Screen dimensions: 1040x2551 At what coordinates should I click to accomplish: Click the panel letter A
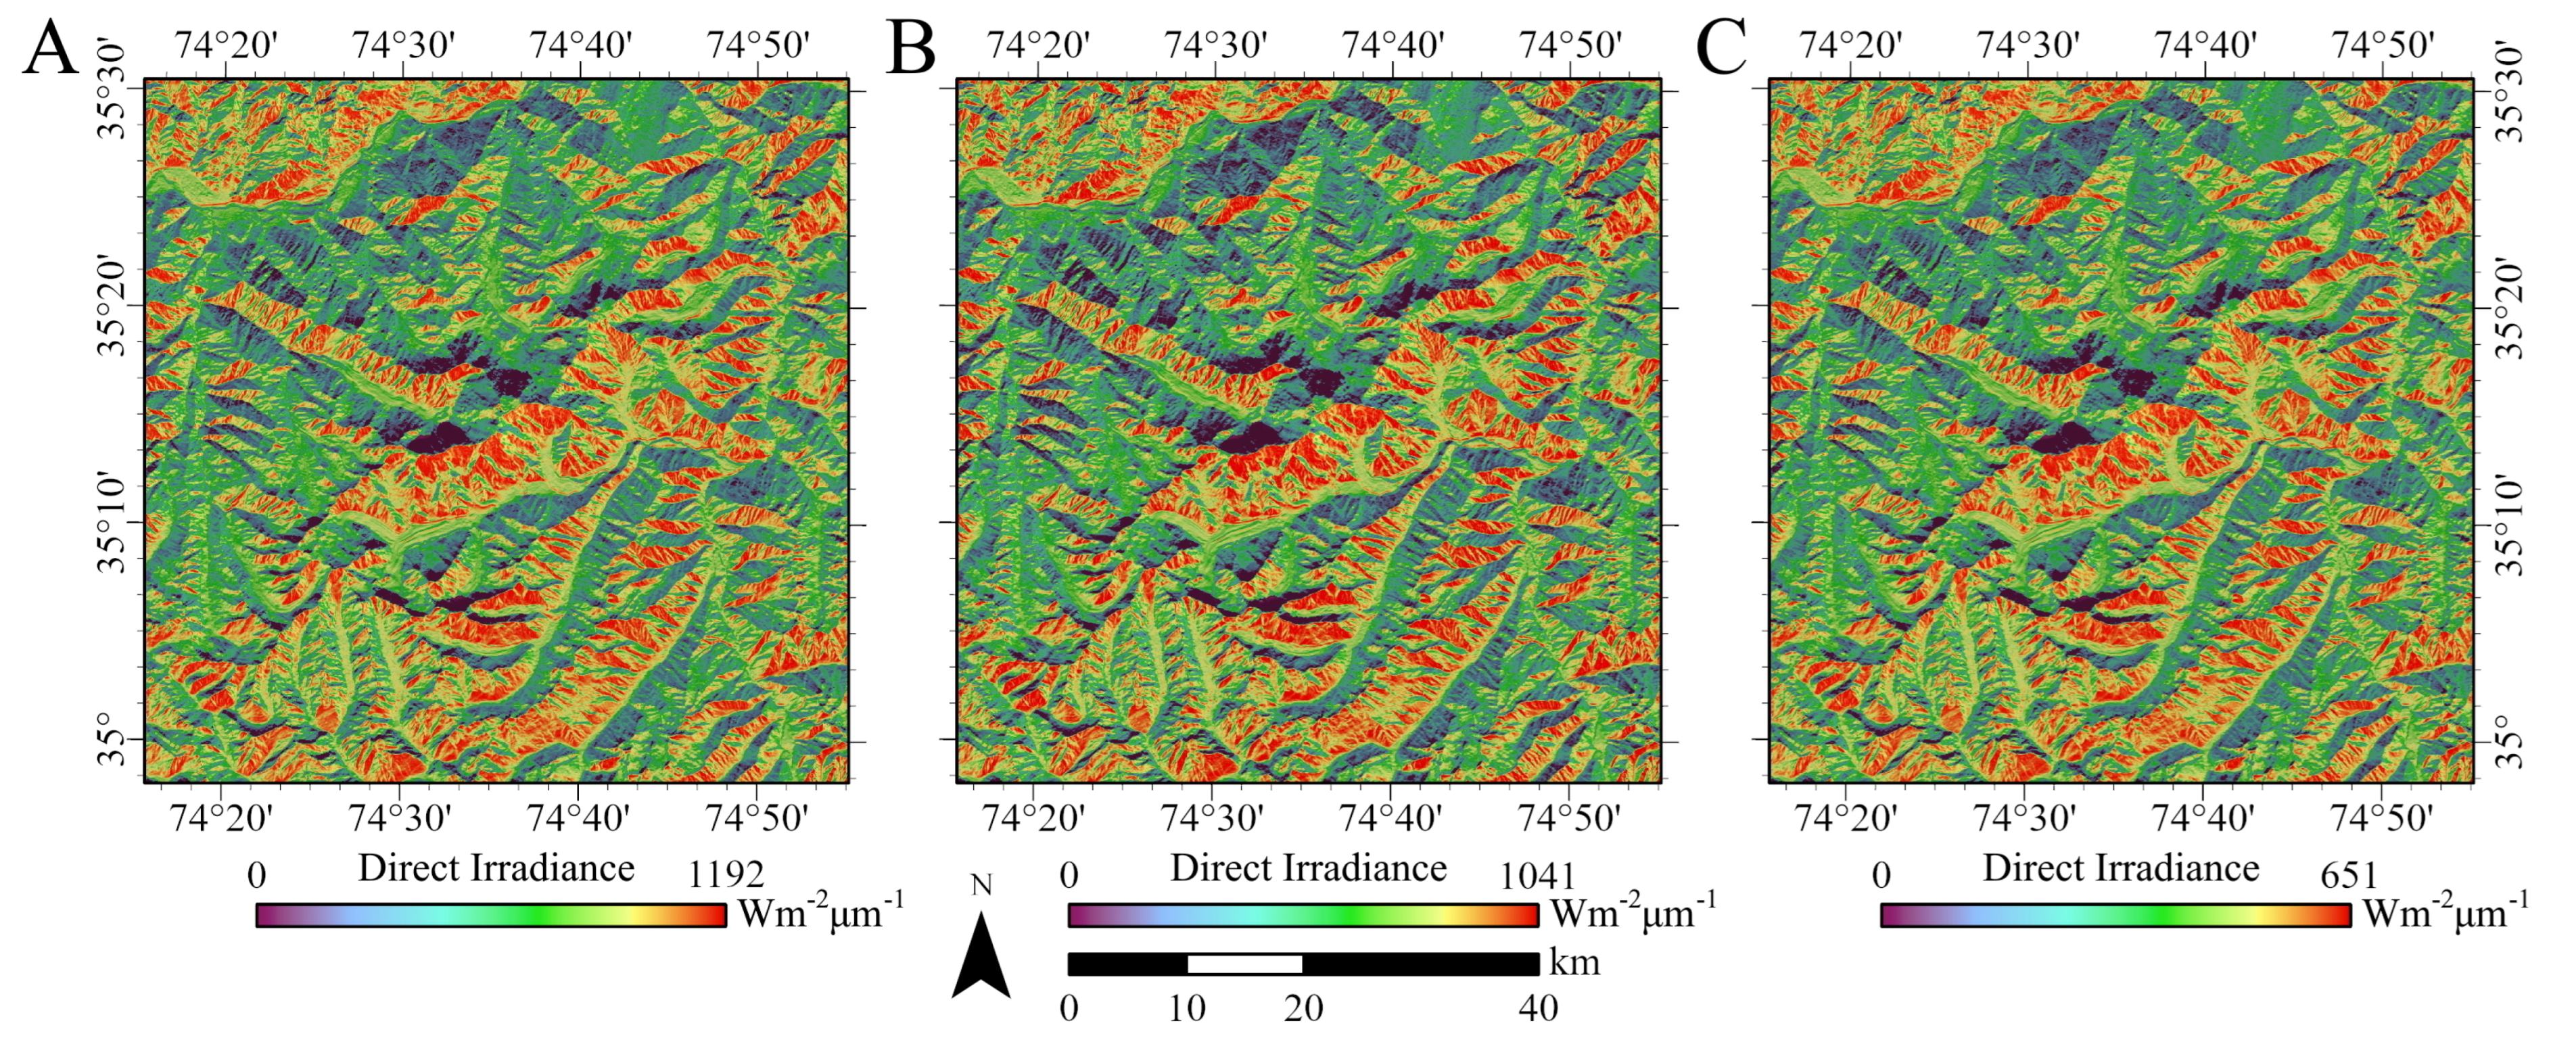51,47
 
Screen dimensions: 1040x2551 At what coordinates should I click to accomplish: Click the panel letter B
911,47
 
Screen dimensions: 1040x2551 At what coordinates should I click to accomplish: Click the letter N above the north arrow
981,884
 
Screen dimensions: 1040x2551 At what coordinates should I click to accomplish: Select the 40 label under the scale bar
1538,1008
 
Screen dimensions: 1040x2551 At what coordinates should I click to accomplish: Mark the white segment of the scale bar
1245,964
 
